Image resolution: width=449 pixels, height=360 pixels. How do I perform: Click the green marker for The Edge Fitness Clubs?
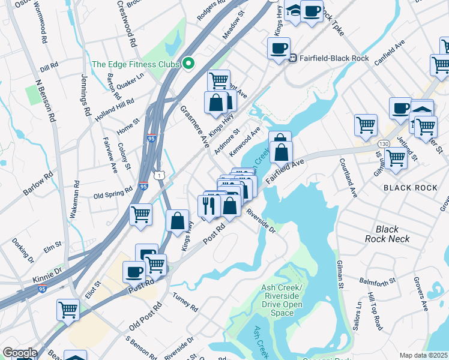188,63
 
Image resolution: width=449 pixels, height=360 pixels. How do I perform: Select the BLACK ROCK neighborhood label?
410,188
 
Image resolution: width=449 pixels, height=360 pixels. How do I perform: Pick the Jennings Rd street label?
86,95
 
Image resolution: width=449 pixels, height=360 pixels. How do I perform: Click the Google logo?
20,353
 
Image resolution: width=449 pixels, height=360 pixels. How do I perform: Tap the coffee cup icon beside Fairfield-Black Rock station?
279,48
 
